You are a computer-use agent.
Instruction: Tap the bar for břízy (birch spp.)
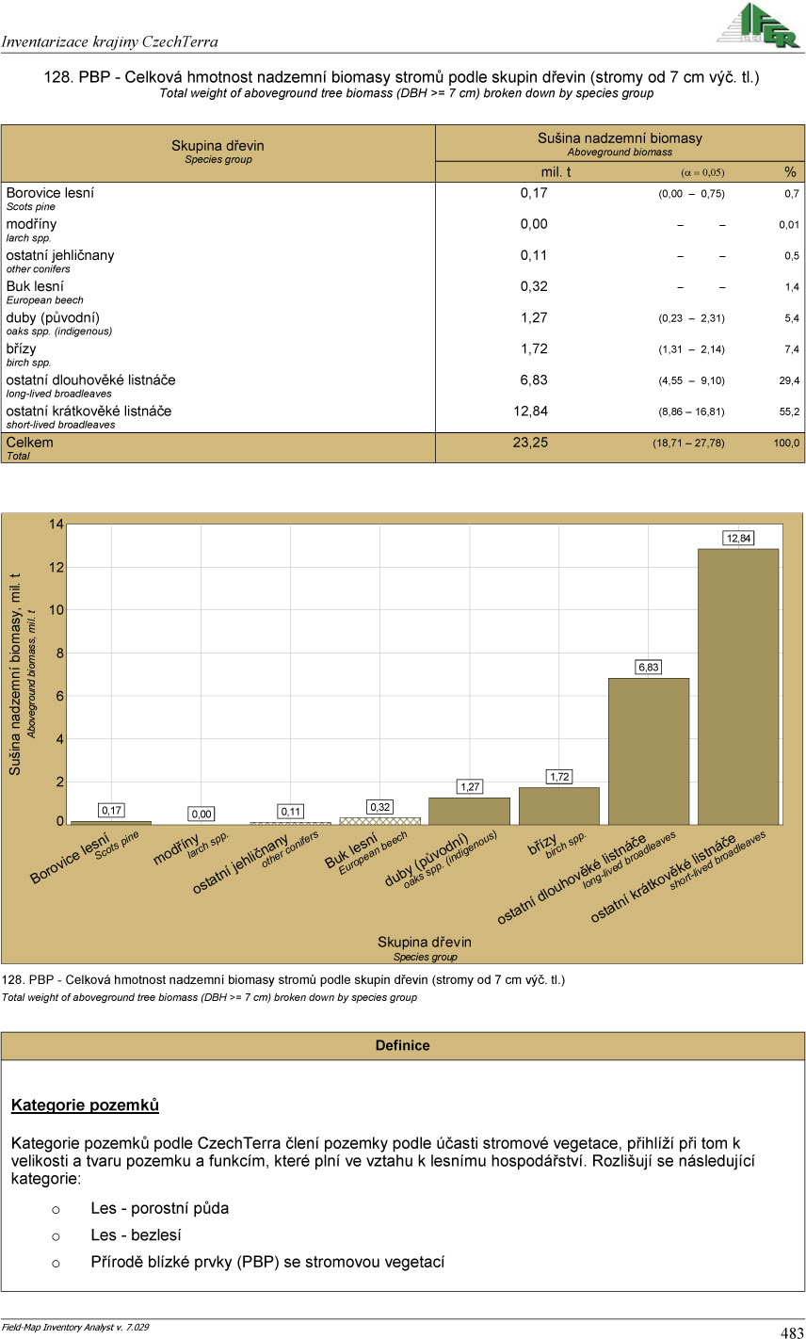(558, 805)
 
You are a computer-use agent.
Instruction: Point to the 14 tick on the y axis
(57, 524)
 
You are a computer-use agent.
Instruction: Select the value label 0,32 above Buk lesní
(379, 807)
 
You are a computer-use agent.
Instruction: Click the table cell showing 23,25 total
(530, 443)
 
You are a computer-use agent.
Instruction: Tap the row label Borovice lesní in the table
(50, 193)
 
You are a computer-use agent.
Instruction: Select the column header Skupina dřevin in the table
(218, 146)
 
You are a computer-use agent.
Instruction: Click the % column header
(790, 172)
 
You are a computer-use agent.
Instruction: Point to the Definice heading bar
(402, 1045)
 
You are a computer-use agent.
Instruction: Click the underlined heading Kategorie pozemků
(85, 1105)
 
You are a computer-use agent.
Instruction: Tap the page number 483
(791, 1331)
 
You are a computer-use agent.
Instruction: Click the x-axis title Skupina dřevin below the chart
(425, 942)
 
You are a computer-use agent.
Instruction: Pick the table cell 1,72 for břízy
(534, 349)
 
